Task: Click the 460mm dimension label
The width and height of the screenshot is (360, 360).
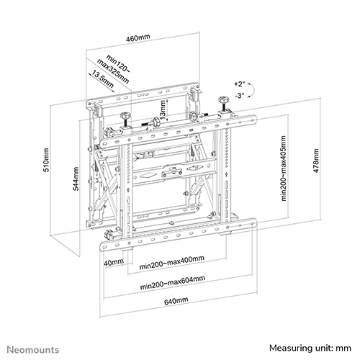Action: point(138,37)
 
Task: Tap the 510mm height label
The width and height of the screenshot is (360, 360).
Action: point(45,160)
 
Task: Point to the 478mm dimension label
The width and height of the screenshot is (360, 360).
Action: point(316,161)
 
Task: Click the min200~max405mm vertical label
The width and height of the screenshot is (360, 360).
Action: point(284,168)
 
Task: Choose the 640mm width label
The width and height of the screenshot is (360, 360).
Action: point(176,301)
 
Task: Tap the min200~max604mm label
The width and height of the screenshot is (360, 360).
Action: point(173,283)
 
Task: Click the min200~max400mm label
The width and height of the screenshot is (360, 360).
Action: point(172,263)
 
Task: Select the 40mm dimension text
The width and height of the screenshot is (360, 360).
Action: point(114,262)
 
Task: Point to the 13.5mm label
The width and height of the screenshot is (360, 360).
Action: point(102,80)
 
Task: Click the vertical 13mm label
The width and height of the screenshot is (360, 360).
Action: point(163,110)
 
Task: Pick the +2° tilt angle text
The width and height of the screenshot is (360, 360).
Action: point(240,84)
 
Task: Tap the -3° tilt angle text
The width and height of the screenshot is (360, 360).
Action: point(240,95)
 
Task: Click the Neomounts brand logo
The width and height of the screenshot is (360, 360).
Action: point(33,350)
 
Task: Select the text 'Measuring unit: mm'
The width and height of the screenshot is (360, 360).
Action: point(310,348)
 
